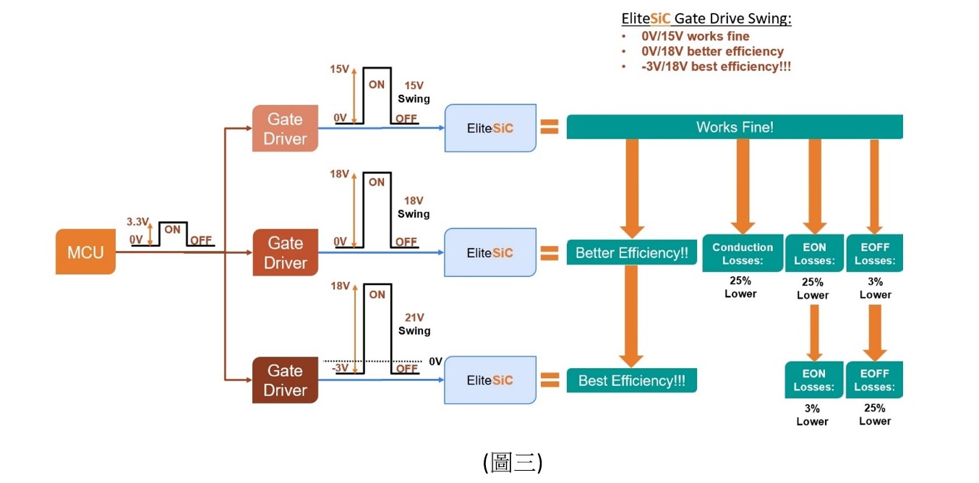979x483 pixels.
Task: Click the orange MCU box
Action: pos(85,252)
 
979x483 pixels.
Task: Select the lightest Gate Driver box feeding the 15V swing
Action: pos(285,129)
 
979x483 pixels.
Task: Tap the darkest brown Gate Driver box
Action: pos(285,380)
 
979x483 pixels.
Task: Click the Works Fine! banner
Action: pos(735,127)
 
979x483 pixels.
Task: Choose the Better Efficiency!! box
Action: pos(631,253)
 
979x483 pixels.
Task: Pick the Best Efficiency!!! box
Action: pos(631,380)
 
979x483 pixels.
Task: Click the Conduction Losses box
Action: pos(742,254)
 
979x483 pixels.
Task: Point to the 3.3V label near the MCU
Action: pos(137,221)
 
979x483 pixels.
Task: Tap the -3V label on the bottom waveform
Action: pos(341,368)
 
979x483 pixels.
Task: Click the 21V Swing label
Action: pos(414,324)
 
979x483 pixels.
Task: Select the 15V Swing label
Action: pos(414,92)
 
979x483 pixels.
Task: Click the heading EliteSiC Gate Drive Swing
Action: pos(706,19)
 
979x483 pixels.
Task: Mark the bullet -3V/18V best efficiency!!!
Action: pos(716,67)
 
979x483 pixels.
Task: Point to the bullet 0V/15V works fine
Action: pos(695,36)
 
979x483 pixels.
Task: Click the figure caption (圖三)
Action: pos(513,462)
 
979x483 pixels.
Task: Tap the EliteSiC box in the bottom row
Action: pos(490,380)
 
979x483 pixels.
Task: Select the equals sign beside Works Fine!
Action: pos(550,128)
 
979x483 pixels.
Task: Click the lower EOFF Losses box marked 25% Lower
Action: pos(875,380)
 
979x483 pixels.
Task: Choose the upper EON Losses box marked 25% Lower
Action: pos(814,254)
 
